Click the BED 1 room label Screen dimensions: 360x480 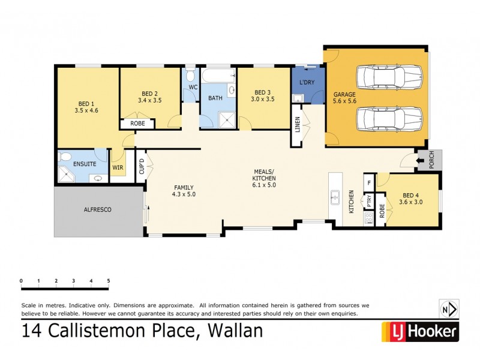pos(86,103)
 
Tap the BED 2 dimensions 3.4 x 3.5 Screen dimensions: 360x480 pos(149,100)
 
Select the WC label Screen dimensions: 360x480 pos(193,88)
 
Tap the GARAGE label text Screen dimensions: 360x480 pos(345,94)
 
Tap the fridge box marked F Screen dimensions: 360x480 pos(369,182)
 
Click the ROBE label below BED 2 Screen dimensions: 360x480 pos(137,124)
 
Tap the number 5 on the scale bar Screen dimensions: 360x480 pos(109,280)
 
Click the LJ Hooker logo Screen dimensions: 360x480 pos(419,331)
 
